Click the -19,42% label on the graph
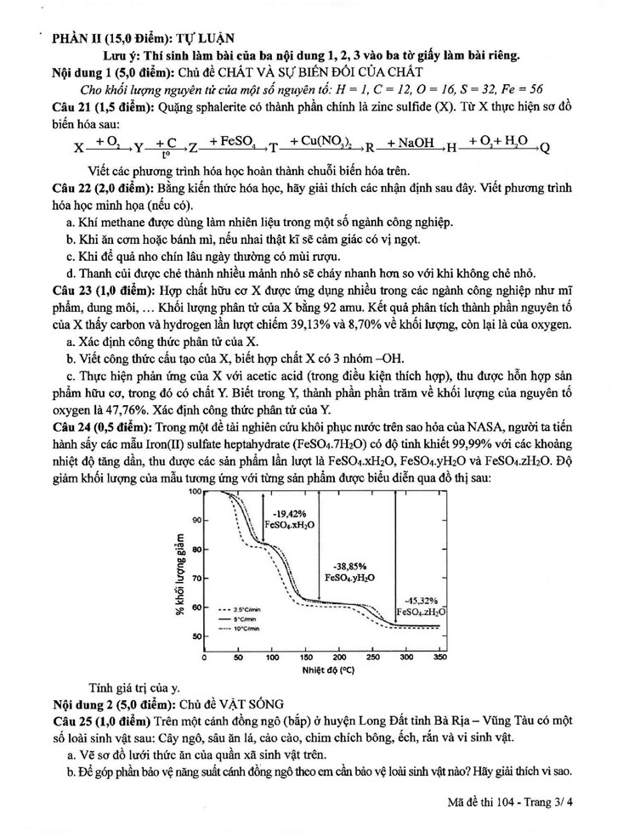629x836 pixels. tap(287, 514)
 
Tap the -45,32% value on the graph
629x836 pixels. tap(422, 600)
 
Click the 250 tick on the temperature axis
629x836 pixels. tap(372, 657)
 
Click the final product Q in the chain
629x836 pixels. tap(545, 147)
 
